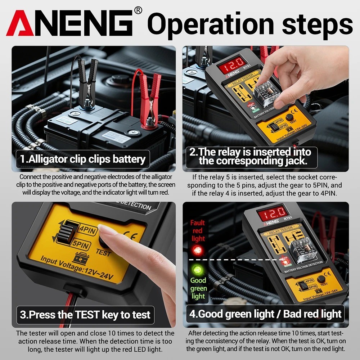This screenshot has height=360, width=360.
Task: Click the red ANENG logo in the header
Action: tap(70, 23)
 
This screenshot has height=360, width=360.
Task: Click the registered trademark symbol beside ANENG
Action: tap(138, 10)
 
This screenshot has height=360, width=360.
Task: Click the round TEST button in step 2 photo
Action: tap(289, 118)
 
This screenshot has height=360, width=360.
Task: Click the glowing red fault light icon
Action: tap(197, 250)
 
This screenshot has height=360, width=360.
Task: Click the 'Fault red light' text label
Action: tap(198, 231)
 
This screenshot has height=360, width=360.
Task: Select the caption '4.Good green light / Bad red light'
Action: tap(265, 314)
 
